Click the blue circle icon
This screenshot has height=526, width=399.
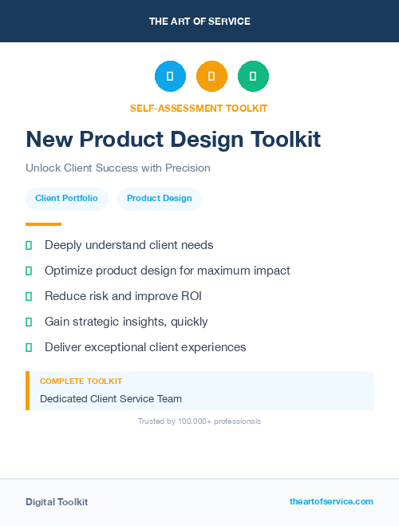click(170, 76)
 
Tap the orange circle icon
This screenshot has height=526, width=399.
click(211, 76)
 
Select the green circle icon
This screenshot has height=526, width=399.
click(253, 76)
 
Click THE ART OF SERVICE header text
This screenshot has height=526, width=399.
click(199, 22)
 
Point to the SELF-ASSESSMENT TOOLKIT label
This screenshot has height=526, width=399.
click(199, 108)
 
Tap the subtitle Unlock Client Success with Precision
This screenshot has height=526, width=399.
click(118, 168)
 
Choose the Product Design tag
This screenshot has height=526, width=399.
click(159, 198)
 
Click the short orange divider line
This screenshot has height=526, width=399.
click(43, 224)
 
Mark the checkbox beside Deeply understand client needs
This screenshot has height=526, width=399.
click(29, 245)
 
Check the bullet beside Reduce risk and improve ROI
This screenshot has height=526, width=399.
click(29, 296)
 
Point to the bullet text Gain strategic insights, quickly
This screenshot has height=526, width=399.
click(126, 322)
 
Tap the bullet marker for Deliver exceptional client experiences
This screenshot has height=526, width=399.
click(29, 347)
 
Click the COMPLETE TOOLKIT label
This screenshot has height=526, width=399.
click(81, 382)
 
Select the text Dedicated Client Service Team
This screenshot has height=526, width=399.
click(111, 398)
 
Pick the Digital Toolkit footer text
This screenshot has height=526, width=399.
click(57, 502)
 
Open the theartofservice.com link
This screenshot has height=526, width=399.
click(331, 501)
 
